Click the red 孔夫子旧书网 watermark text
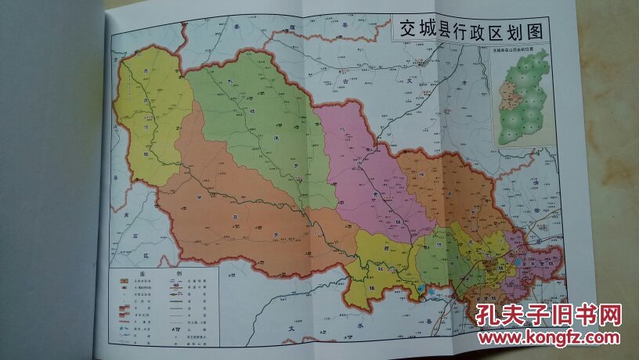[548, 315]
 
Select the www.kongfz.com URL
[548, 337]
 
